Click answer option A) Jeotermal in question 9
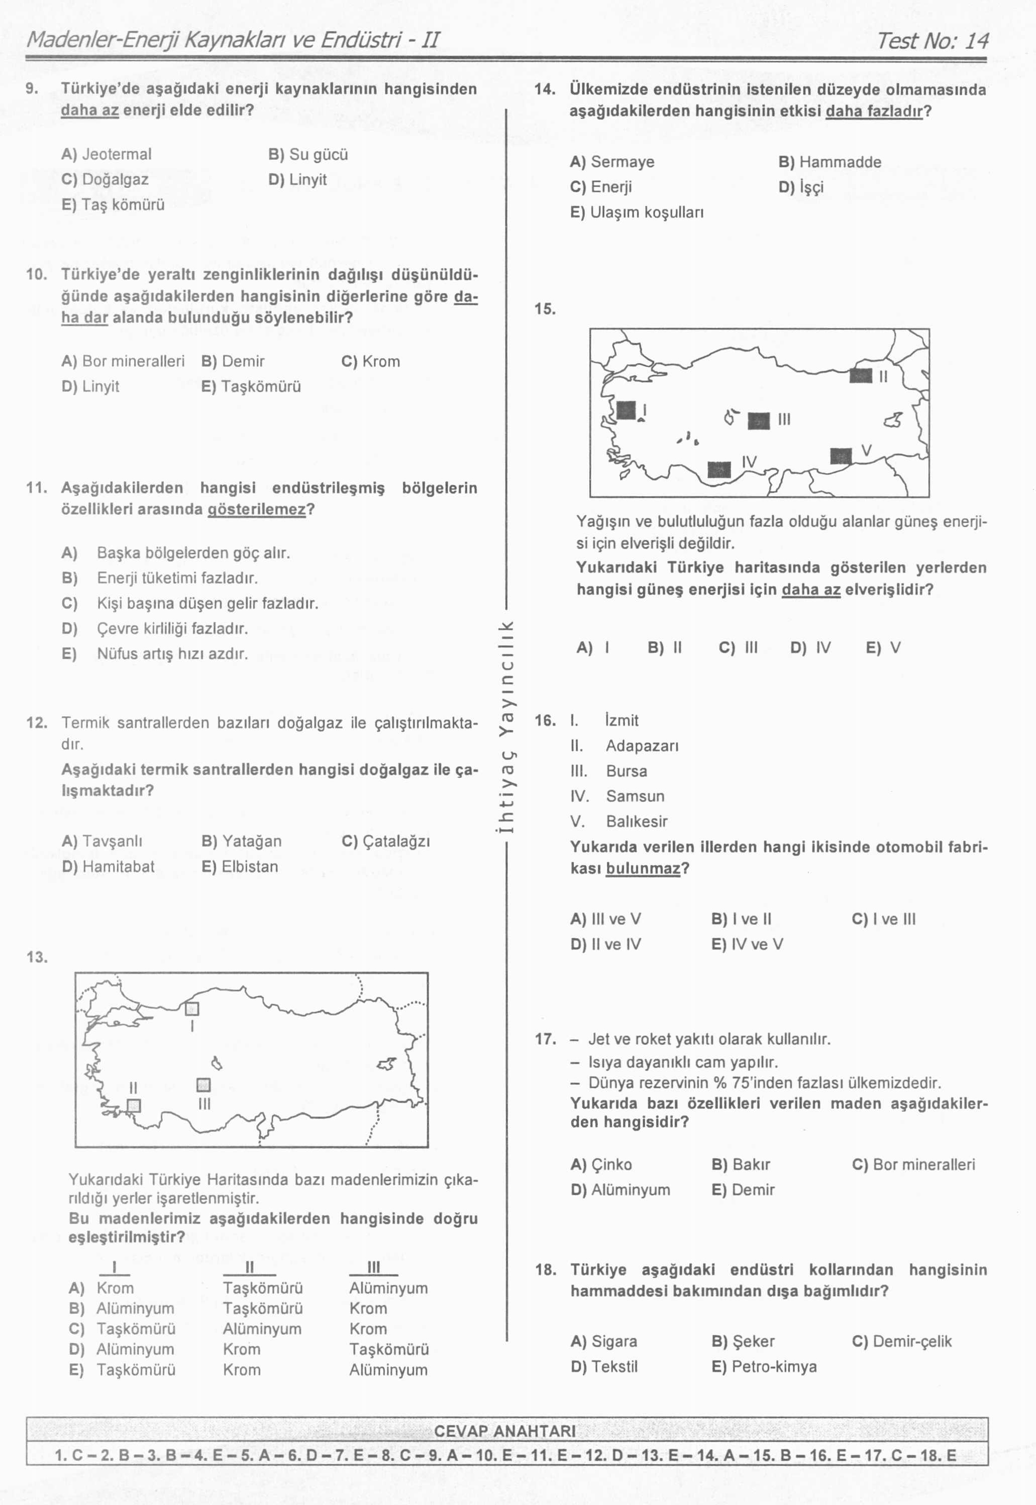pos(107,154)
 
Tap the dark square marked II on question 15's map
pos(861,376)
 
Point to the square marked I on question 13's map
pos(192,1009)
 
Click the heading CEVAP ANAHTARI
pos(504,1431)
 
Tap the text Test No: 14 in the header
pos(932,41)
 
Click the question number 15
pos(545,309)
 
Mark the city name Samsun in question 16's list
pos(636,796)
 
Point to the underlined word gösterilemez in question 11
pos(256,509)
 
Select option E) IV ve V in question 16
pos(747,945)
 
